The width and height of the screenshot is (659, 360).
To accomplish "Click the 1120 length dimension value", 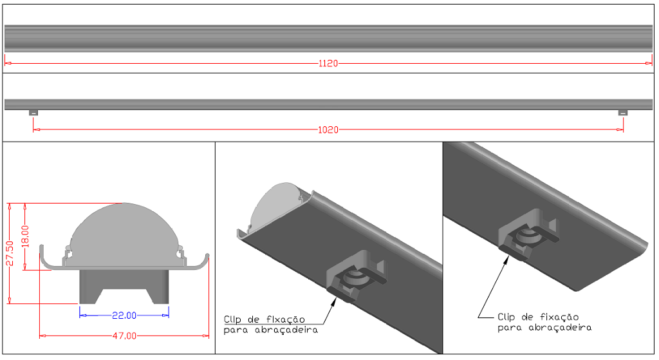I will (328, 64).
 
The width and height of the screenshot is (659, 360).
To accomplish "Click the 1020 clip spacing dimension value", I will (328, 129).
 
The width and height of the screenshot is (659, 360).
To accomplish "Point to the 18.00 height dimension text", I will (26, 237).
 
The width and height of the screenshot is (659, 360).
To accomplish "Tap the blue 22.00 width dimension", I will (124, 315).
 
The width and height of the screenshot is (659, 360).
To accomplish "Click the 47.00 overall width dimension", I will (124, 336).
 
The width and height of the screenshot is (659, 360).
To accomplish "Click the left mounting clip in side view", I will (33, 113).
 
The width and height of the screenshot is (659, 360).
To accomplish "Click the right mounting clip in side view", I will (622, 113).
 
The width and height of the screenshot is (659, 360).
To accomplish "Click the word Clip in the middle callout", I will (235, 319).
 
